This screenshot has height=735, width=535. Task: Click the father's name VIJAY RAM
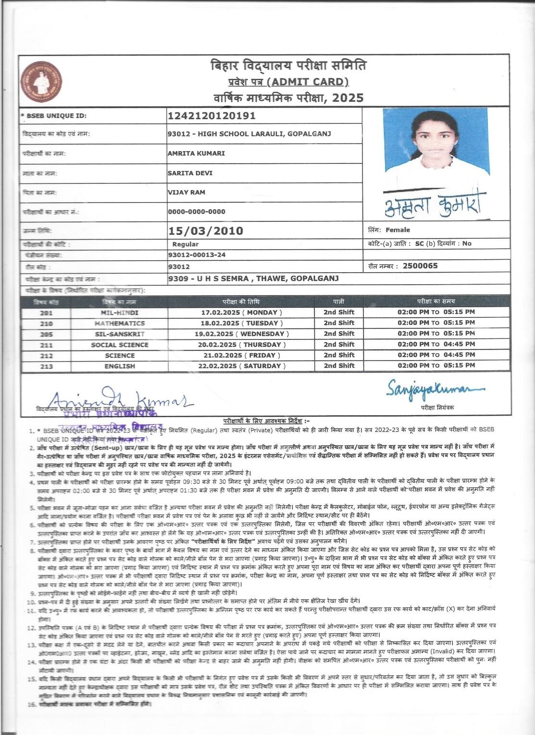tap(187, 193)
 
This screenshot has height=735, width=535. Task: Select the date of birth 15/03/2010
tap(206, 231)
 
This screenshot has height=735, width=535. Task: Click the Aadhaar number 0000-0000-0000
tap(197, 212)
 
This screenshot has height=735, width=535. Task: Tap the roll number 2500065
tap(420, 266)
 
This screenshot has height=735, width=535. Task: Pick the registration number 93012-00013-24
tap(197, 255)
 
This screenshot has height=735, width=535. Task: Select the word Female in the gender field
tap(398, 230)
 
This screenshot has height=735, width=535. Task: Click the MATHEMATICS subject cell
tap(119, 323)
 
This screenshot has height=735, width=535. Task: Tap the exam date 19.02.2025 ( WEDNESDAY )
tap(245, 334)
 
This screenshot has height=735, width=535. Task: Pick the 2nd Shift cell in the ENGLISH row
tap(339, 366)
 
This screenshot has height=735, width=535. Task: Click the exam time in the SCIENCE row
tap(436, 355)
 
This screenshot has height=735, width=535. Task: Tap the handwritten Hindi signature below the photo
tap(435, 205)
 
